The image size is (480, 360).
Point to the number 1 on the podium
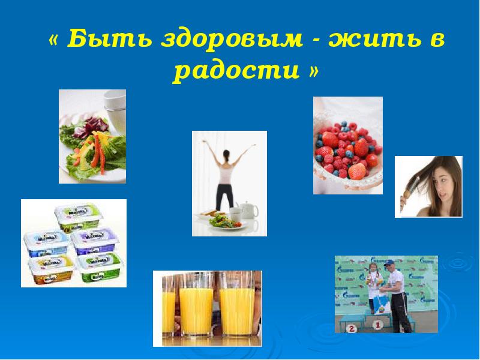(x=378, y=325)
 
